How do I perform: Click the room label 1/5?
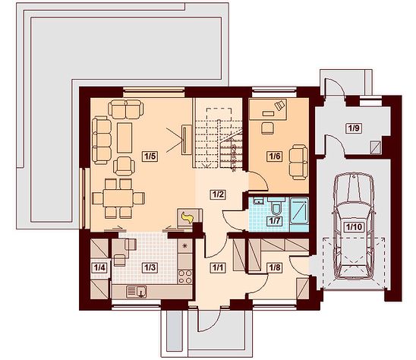(x=150, y=156)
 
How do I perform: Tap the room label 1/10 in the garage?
(x=355, y=227)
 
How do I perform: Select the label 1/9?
(x=354, y=128)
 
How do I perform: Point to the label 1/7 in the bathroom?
(x=275, y=220)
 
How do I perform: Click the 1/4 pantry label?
(x=99, y=267)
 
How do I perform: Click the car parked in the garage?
(x=354, y=226)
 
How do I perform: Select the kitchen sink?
(x=137, y=292)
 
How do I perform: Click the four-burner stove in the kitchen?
(x=185, y=276)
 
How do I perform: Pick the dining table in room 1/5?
(x=118, y=198)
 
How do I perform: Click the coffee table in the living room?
(x=124, y=137)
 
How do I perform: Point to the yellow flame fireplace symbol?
(x=187, y=217)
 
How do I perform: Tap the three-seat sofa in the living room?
(x=102, y=141)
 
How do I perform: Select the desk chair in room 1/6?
(x=267, y=128)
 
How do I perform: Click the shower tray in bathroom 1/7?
(x=299, y=210)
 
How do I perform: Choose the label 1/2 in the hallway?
(x=218, y=194)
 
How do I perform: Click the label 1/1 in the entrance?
(x=218, y=267)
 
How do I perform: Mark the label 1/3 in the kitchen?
(x=150, y=267)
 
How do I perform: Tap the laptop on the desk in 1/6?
(x=280, y=105)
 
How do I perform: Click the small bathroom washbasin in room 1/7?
(x=257, y=201)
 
